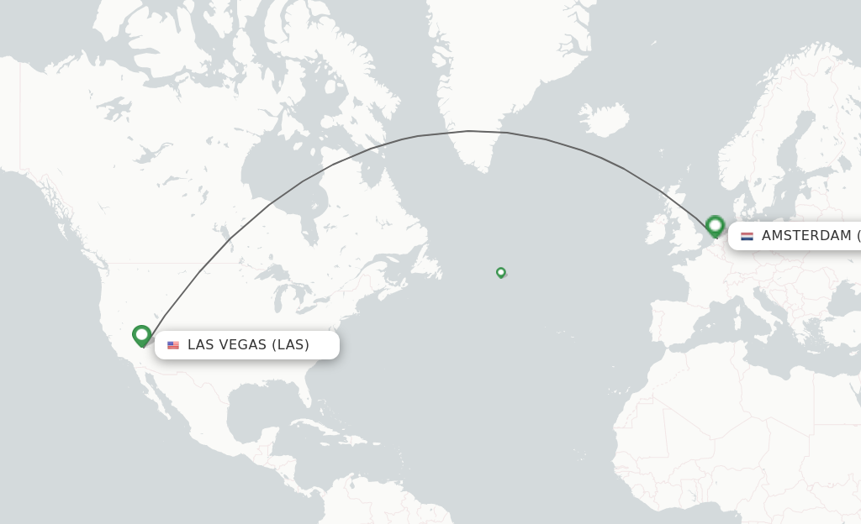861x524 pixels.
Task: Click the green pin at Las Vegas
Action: pyautogui.click(x=141, y=335)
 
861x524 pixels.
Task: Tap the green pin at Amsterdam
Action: pyautogui.click(x=715, y=225)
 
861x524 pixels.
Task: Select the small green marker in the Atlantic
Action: pyautogui.click(x=500, y=272)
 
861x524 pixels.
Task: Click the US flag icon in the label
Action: pyautogui.click(x=173, y=345)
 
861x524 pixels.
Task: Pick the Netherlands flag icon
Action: pyautogui.click(x=747, y=236)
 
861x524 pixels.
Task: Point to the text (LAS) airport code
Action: pyautogui.click(x=291, y=345)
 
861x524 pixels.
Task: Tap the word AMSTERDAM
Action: pyautogui.click(x=806, y=236)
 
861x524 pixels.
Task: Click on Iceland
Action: pyautogui.click(x=605, y=120)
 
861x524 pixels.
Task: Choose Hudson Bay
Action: pyautogui.click(x=277, y=181)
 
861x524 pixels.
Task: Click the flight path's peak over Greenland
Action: pyautogui.click(x=469, y=131)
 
